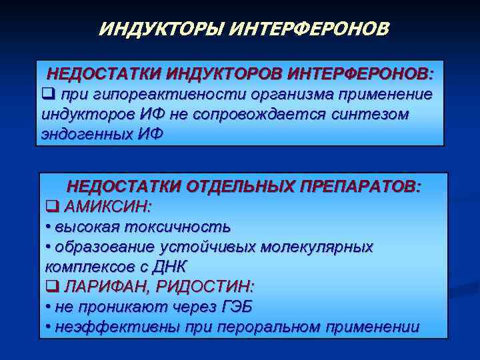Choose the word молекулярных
(x=317, y=246)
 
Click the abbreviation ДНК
(x=171, y=267)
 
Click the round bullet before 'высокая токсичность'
(x=48, y=227)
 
